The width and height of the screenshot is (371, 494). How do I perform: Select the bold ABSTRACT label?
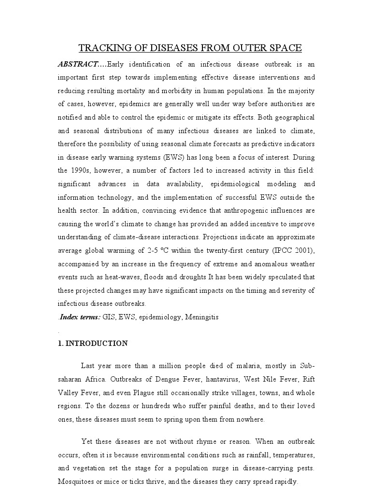coord(78,64)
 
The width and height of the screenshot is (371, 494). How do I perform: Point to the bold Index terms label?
coord(80,317)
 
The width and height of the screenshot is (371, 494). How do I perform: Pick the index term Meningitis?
coord(200,317)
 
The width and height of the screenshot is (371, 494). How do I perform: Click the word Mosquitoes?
coord(77,481)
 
